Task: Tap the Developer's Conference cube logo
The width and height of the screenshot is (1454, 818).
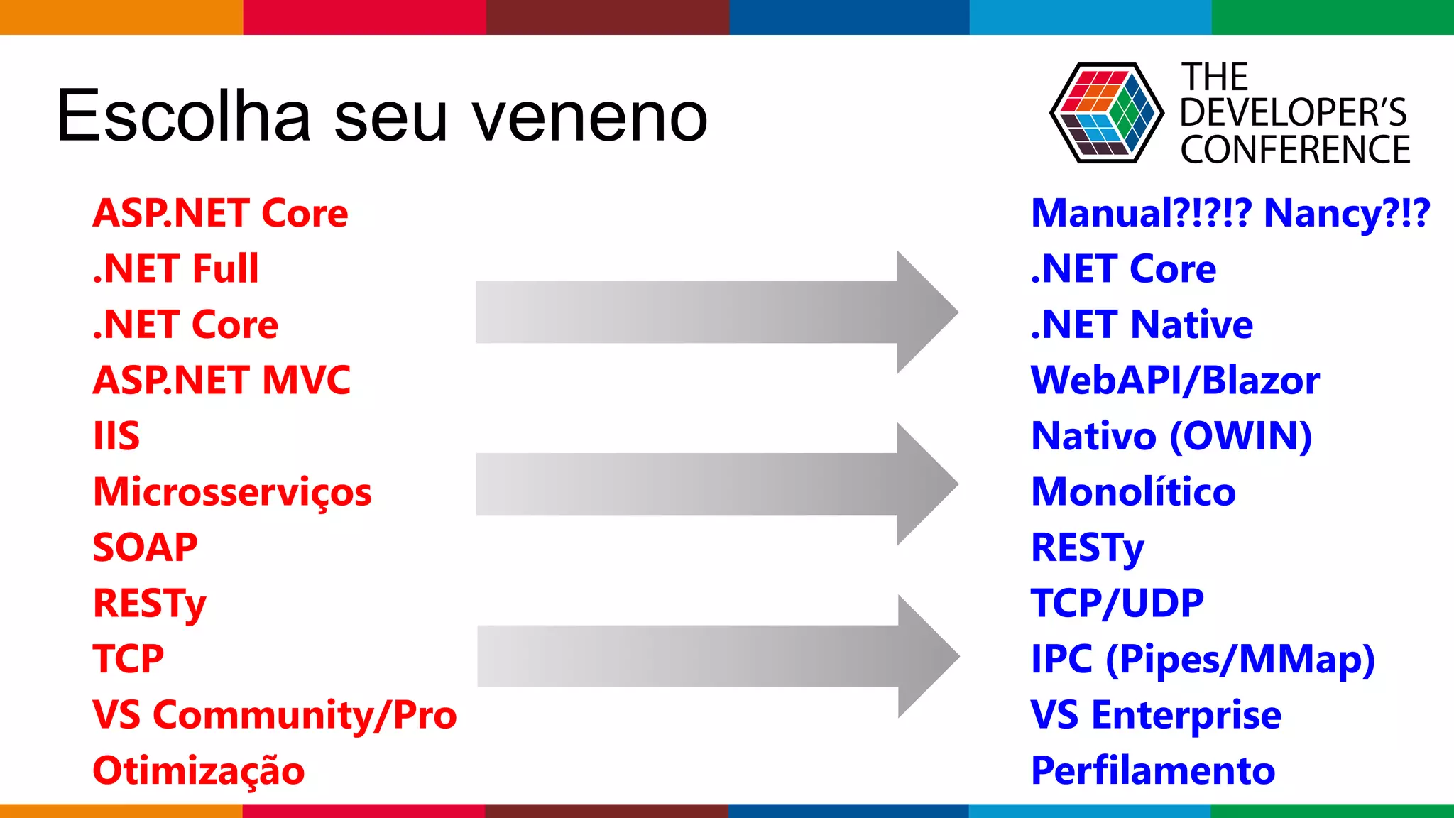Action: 1106,113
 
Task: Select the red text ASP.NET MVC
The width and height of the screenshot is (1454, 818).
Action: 222,380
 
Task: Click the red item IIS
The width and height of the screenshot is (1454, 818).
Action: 116,436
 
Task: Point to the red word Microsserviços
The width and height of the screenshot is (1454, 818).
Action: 232,492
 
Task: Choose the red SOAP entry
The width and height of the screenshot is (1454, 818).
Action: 145,547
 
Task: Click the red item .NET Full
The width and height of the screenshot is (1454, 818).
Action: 175,269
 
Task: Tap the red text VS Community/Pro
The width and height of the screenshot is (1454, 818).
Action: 274,715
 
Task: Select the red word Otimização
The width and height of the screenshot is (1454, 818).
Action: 198,771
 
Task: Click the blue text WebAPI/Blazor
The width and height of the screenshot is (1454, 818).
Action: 1175,381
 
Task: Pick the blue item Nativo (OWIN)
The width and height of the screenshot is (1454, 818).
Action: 1171,436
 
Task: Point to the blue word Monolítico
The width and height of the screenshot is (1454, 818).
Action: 1133,492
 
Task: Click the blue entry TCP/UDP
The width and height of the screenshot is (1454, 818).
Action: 1117,604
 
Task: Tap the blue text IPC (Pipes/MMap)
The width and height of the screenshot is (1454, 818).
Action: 1203,660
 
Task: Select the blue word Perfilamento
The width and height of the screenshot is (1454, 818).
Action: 1153,771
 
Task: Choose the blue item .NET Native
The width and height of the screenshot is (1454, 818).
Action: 1142,325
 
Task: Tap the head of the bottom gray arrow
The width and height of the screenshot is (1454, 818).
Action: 926,656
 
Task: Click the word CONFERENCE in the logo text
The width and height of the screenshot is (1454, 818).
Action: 1295,151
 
